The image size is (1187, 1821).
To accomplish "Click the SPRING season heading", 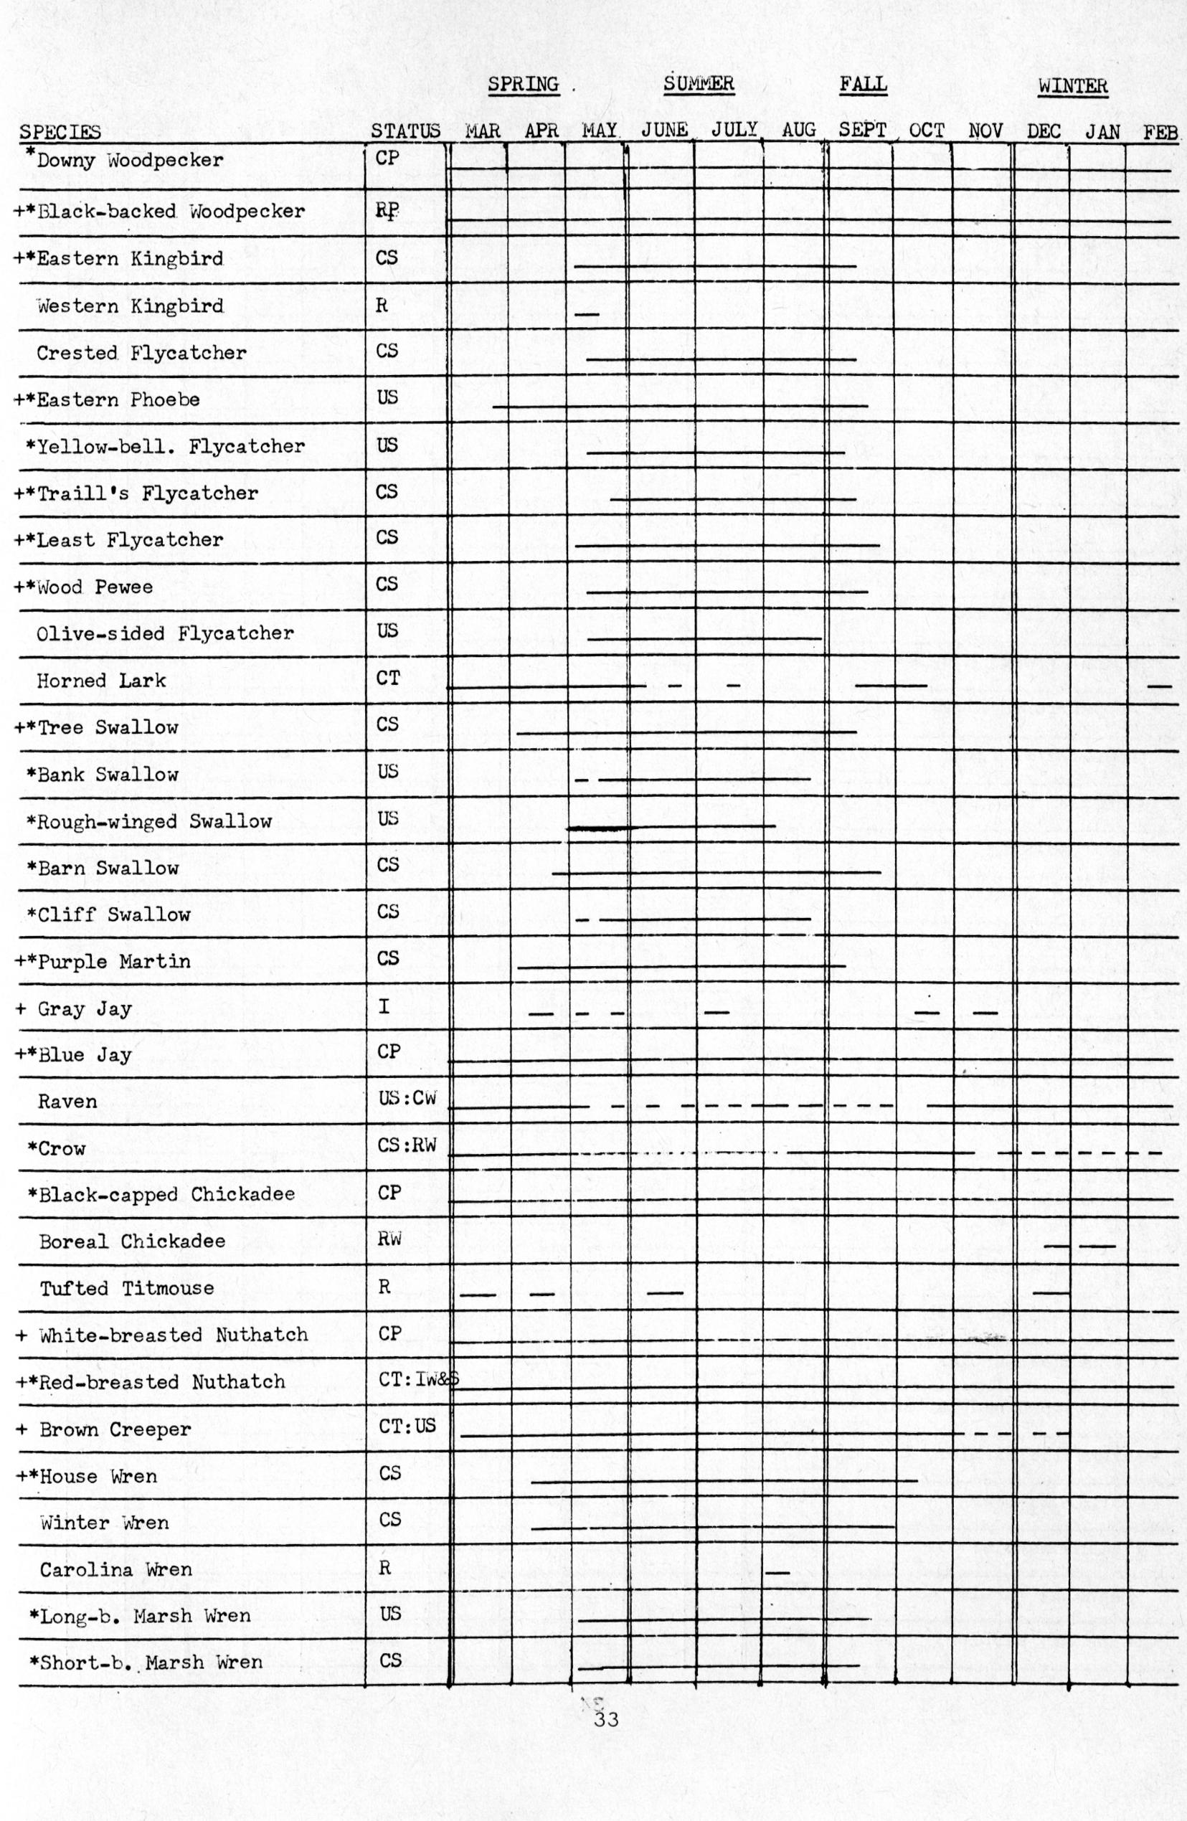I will pyautogui.click(x=524, y=84).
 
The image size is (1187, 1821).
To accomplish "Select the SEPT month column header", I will pyautogui.click(x=862, y=130).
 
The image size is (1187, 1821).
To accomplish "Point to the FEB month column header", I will pyautogui.click(x=1160, y=133).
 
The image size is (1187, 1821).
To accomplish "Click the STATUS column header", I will pyautogui.click(x=406, y=131).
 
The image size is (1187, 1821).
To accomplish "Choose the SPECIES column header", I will pyautogui.click(x=60, y=133).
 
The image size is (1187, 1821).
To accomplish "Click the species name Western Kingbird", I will pyautogui.click(x=130, y=307).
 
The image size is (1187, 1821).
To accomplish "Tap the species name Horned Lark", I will pyautogui.click(x=101, y=681).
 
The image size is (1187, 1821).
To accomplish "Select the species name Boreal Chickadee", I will pyautogui.click(x=133, y=1241).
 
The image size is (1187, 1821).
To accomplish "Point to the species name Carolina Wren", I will pyautogui.click(x=115, y=1569).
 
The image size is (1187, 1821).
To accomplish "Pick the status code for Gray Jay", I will pyautogui.click(x=384, y=1007).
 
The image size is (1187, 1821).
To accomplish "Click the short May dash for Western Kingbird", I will pyautogui.click(x=586, y=314).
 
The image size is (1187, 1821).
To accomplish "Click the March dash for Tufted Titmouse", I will pyautogui.click(x=478, y=1295).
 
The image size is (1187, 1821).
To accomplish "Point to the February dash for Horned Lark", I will pyautogui.click(x=1160, y=686).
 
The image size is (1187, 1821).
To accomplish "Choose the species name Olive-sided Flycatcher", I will pyautogui.click(x=164, y=633).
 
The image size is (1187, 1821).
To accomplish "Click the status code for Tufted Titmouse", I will pyautogui.click(x=384, y=1286).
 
